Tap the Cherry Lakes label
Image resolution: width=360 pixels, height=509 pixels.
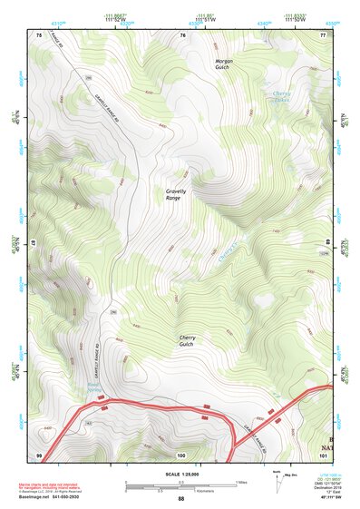click(x=283, y=97)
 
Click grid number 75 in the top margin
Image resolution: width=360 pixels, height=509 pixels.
click(x=39, y=34)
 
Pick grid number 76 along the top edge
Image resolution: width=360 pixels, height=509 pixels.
click(x=182, y=34)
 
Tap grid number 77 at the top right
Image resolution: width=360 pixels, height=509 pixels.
click(x=323, y=34)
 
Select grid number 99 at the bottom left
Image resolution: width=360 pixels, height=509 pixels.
click(x=39, y=454)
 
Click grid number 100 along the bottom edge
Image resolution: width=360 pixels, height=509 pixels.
click(x=182, y=454)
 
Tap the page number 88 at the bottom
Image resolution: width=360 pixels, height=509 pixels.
click(x=180, y=499)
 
